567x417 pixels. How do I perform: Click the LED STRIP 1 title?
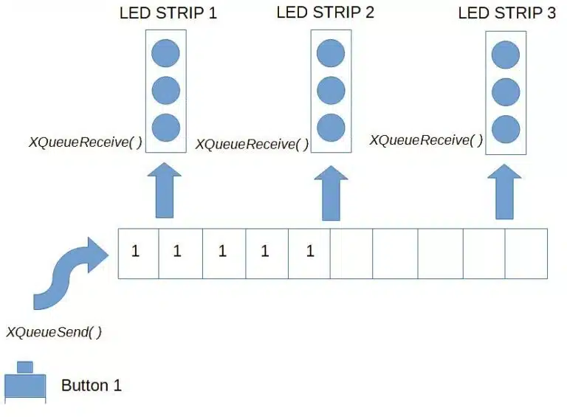(x=168, y=13)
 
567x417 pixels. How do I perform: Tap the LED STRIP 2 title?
(x=325, y=13)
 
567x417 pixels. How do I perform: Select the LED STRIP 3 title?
(x=506, y=13)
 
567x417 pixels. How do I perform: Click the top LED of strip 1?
(x=165, y=53)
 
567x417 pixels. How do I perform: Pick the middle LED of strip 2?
(x=331, y=90)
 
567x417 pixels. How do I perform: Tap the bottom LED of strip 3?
(x=506, y=129)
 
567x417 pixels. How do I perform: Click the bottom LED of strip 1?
(x=166, y=128)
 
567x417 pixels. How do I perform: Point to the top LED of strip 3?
(x=506, y=55)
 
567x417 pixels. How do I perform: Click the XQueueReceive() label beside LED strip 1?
(x=86, y=142)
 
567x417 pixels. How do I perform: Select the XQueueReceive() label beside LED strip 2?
(x=252, y=144)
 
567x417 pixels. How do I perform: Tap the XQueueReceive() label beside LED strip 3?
(x=426, y=139)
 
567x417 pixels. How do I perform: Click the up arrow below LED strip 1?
(x=165, y=190)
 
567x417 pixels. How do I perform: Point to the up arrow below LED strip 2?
(x=331, y=193)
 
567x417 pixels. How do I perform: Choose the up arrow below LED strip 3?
(x=504, y=192)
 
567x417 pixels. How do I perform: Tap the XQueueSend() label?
(x=54, y=331)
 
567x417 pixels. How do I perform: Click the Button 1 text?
(x=91, y=385)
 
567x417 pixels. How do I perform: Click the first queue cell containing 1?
(x=139, y=253)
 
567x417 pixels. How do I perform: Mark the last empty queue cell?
(x=526, y=253)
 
